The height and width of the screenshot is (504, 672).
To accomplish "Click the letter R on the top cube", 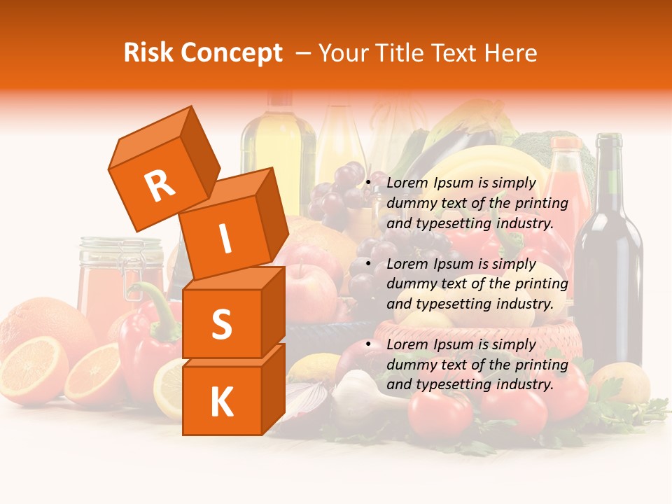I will coord(160,186).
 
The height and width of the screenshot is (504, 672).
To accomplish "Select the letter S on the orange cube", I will coord(221,324).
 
